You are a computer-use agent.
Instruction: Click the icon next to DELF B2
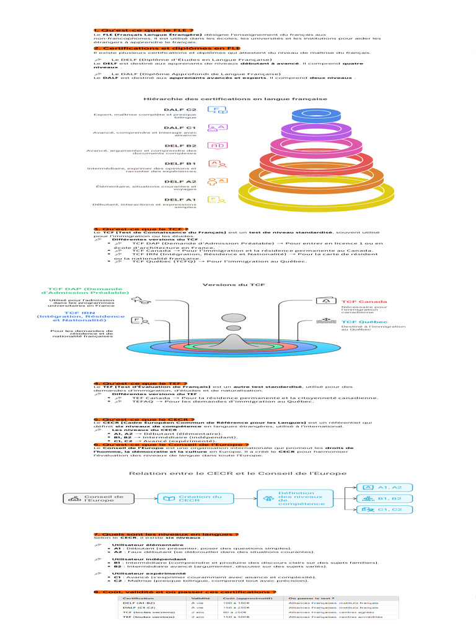tap(218, 146)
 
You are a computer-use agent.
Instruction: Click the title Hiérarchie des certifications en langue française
tap(236, 98)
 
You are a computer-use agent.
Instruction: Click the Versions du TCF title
tap(227, 284)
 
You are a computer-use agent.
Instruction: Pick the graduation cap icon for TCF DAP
tap(142, 300)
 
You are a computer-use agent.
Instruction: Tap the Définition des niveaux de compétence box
tap(292, 498)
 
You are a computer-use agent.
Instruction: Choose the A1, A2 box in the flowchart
tap(384, 487)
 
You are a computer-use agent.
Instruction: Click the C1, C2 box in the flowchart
tap(384, 509)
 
